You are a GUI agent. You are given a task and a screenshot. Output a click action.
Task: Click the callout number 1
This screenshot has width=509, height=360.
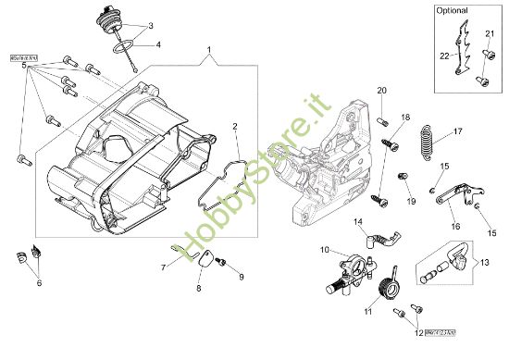coord(209,48)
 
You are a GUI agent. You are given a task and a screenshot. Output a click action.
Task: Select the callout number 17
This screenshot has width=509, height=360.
coord(457,131)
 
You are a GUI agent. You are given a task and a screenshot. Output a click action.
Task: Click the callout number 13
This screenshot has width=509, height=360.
coord(482,263)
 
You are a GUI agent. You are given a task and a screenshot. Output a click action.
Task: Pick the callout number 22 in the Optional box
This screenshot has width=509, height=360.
coord(443,56)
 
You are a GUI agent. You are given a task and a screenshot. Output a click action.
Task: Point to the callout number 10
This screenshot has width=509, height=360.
coord(324,250)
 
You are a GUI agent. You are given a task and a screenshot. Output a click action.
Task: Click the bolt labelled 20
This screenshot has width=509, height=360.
coord(381,120)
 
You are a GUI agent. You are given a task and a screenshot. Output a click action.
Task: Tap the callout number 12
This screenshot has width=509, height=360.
coord(418,331)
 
